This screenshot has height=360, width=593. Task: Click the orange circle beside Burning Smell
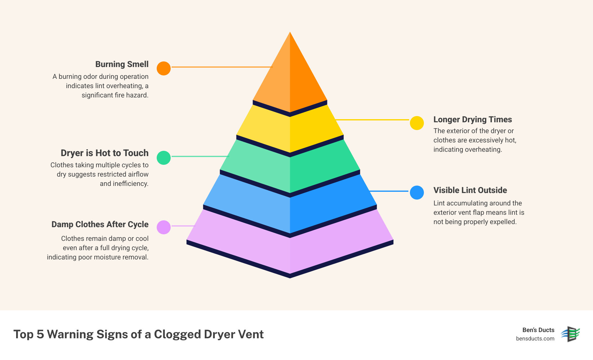click(164, 68)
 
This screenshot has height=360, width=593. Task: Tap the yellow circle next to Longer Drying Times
click(417, 123)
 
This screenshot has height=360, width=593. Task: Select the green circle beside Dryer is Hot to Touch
click(164, 158)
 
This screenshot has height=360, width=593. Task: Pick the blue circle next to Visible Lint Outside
click(417, 192)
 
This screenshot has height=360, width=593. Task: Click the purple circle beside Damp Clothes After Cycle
click(164, 227)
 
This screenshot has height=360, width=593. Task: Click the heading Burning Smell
click(122, 64)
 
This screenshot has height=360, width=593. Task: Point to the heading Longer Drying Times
click(472, 119)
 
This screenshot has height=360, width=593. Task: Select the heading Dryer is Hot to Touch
click(105, 153)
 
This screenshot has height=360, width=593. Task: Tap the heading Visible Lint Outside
click(470, 190)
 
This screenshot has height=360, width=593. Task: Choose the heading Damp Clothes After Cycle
click(100, 224)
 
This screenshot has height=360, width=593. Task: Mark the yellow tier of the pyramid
click(290, 130)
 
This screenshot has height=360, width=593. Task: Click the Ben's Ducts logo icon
click(570, 334)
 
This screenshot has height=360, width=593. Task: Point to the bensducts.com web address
click(535, 339)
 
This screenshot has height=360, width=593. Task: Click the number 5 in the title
click(40, 334)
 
